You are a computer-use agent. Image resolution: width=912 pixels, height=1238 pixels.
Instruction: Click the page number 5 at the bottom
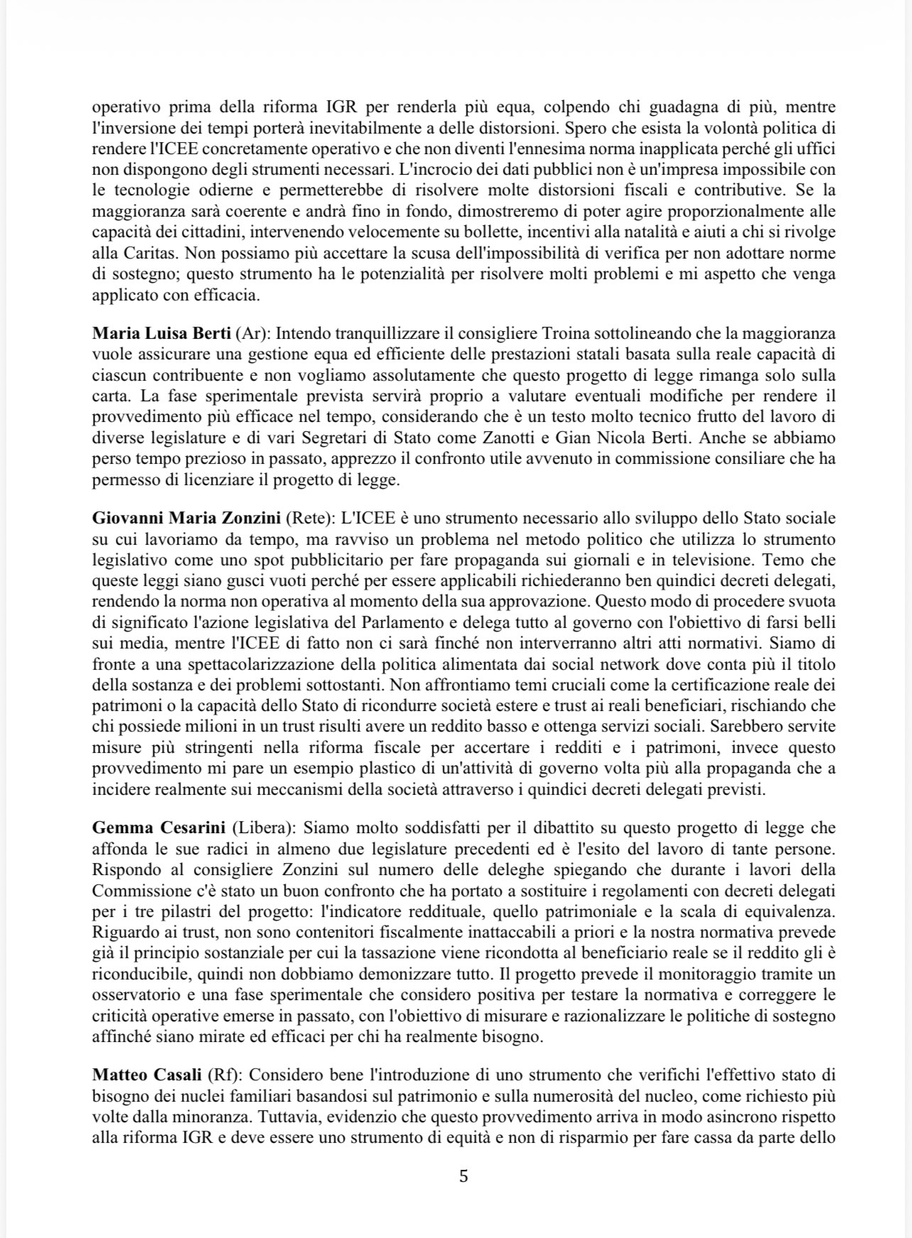click(x=463, y=1176)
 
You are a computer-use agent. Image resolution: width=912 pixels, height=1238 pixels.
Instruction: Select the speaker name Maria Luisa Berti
click(x=161, y=333)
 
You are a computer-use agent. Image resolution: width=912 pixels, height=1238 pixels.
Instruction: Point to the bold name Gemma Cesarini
click(x=159, y=827)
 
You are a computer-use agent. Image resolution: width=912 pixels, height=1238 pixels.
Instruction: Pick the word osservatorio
click(x=131, y=994)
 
